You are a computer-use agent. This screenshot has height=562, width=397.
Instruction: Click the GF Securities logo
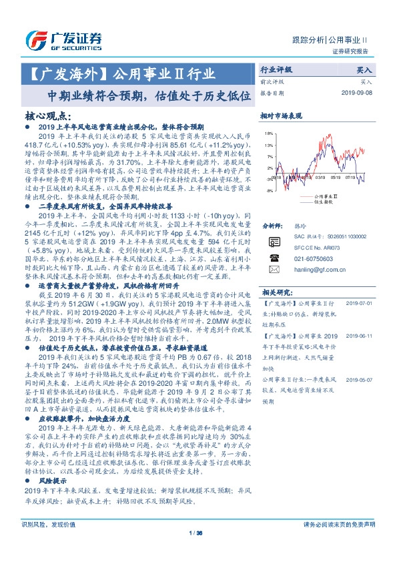coord(63,39)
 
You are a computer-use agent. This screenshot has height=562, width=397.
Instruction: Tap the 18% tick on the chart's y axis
coord(269,133)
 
